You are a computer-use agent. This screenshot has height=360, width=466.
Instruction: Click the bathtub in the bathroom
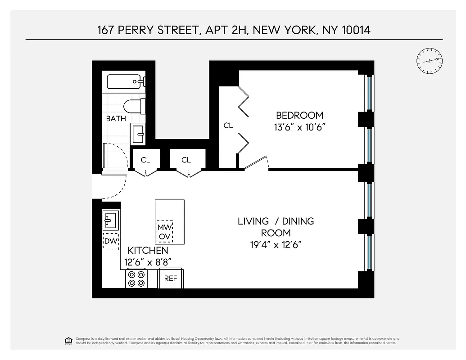click(x=126, y=82)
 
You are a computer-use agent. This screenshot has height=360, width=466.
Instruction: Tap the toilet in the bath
click(x=134, y=107)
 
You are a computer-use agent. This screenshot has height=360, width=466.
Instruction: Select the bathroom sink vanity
click(x=138, y=134)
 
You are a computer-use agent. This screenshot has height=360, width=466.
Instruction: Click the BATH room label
click(x=116, y=119)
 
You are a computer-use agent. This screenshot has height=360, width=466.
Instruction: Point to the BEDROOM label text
click(x=299, y=115)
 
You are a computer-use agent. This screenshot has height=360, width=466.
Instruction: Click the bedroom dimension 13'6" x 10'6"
click(x=299, y=127)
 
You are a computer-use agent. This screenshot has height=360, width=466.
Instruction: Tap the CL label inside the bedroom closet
click(x=228, y=126)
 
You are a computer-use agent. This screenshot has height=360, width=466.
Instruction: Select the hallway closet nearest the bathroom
click(x=145, y=160)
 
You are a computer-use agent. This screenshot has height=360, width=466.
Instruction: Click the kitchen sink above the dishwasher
click(x=111, y=220)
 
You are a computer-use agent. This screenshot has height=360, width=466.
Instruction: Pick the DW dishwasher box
click(x=111, y=241)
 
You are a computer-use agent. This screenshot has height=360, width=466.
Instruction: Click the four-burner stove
click(x=136, y=279)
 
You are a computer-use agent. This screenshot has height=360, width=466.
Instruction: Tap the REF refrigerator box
click(x=171, y=279)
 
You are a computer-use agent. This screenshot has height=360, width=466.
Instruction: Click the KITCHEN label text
click(x=148, y=251)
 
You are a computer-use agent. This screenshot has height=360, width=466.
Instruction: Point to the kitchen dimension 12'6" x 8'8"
click(x=148, y=262)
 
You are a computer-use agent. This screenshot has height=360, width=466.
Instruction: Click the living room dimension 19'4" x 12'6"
click(x=276, y=245)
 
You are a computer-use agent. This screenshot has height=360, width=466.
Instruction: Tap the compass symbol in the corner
click(x=430, y=61)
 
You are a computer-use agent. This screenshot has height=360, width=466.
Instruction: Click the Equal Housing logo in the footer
click(x=68, y=340)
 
